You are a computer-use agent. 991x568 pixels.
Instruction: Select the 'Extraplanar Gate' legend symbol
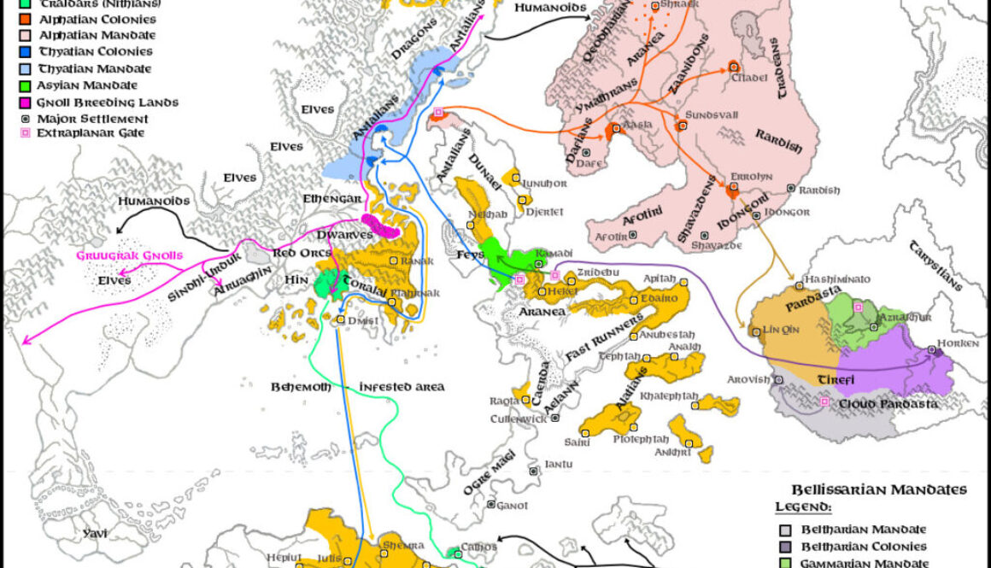[26, 133]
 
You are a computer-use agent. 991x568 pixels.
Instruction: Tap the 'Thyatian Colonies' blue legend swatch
[26, 52]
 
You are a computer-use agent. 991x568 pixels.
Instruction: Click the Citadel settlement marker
[733, 66]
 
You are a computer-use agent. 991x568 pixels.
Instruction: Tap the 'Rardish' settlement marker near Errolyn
[791, 188]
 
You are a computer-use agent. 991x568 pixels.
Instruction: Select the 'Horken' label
[953, 342]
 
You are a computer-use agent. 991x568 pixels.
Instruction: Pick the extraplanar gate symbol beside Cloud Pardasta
[824, 401]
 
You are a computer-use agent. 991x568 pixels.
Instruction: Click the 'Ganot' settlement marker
[490, 504]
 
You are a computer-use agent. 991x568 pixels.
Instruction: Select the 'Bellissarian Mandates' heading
[878, 490]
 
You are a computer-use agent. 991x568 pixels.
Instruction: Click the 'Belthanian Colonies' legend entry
[862, 547]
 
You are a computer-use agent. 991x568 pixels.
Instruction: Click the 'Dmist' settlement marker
[341, 319]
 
